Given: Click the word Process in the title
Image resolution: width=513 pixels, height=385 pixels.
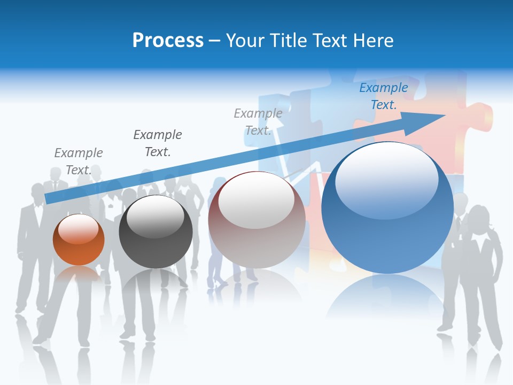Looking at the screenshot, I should pyautogui.click(x=168, y=40).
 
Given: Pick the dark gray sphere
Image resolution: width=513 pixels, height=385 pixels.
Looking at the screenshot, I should pyautogui.click(x=156, y=233).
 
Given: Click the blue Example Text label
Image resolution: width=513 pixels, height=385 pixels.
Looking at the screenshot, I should pyautogui.click(x=384, y=96).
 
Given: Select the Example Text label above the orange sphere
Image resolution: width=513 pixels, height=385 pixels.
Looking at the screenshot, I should pyautogui.click(x=79, y=161).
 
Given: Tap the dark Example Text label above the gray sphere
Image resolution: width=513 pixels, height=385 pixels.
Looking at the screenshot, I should pyautogui.click(x=158, y=143).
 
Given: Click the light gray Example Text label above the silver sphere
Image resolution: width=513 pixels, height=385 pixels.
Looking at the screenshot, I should pyautogui.click(x=258, y=121).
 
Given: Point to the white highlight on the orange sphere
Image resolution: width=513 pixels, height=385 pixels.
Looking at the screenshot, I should pyautogui.click(x=79, y=228).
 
